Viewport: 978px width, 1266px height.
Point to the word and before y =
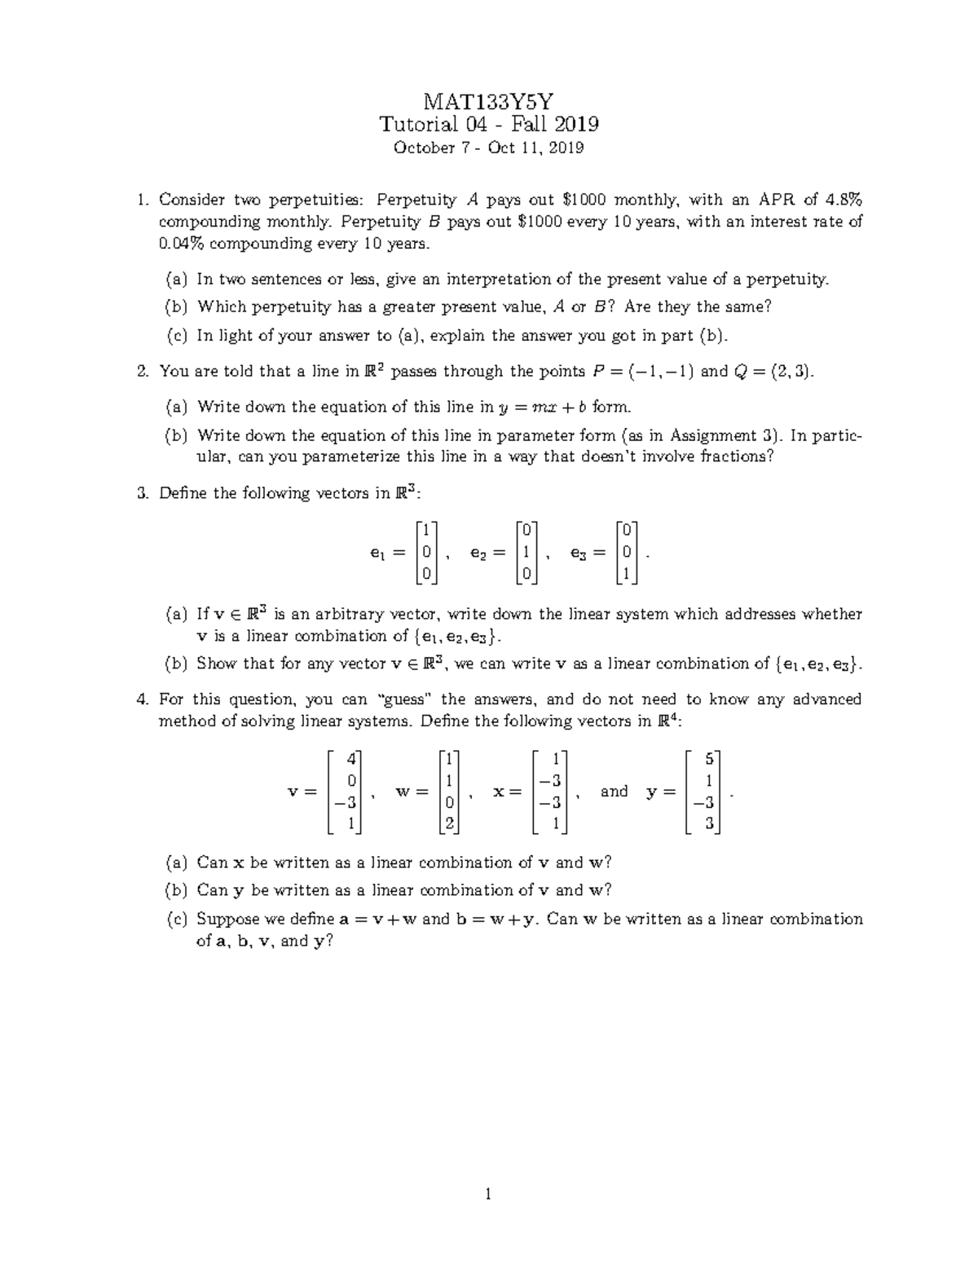pos(614,792)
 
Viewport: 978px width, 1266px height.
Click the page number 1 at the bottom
pos(488,1196)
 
